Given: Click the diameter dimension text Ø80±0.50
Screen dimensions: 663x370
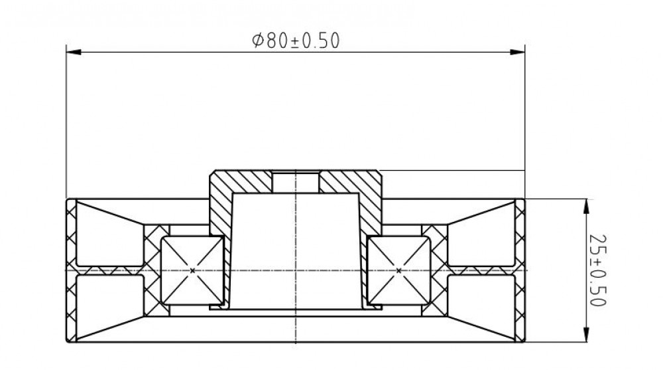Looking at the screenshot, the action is [x=296, y=41].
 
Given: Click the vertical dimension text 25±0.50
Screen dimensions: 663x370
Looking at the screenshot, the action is [x=598, y=270].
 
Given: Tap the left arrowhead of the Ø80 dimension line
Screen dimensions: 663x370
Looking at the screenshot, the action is [x=74, y=52].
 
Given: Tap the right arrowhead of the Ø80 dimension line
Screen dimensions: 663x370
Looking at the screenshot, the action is [x=518, y=52].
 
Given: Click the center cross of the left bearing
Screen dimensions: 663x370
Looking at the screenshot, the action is [x=192, y=270].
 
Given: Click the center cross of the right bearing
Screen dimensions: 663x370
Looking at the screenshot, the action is [x=398, y=270].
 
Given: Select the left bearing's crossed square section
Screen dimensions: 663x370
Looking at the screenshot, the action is [x=192, y=270].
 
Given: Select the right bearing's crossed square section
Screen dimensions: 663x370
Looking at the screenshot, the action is [x=398, y=270].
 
